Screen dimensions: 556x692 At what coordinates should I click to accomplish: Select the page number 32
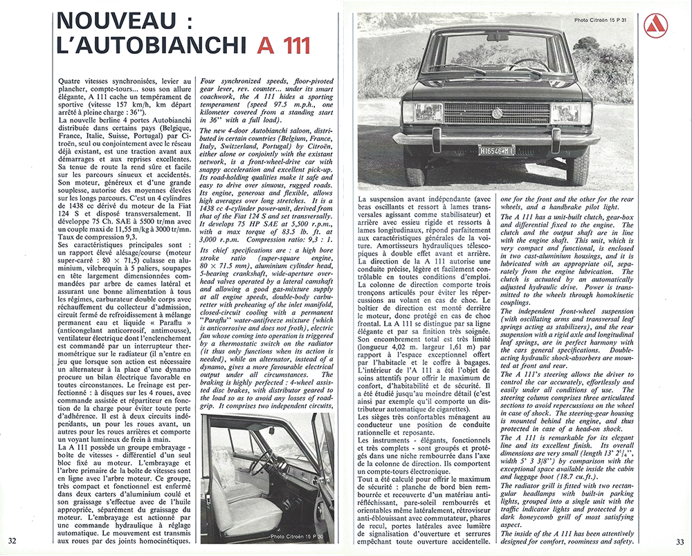point(12,540)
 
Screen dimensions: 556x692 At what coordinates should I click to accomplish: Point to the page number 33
point(680,540)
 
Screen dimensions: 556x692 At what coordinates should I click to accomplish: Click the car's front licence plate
point(495,150)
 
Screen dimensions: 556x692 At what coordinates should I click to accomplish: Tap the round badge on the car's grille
point(495,113)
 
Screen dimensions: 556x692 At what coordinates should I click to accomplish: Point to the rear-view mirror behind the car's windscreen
point(496,36)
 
